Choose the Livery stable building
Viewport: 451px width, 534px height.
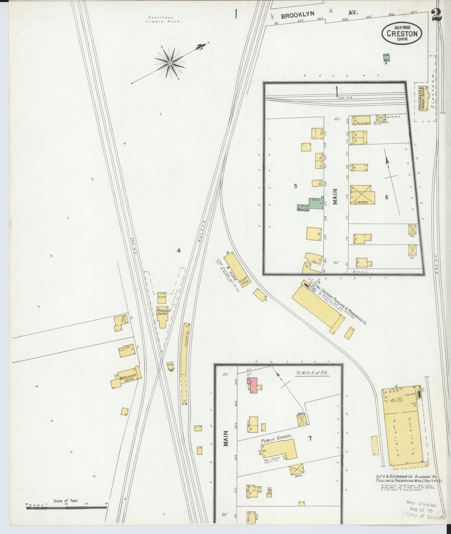coord(362,195)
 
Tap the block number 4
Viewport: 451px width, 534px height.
coord(179,251)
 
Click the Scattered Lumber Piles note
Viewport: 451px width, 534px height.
coord(165,19)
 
